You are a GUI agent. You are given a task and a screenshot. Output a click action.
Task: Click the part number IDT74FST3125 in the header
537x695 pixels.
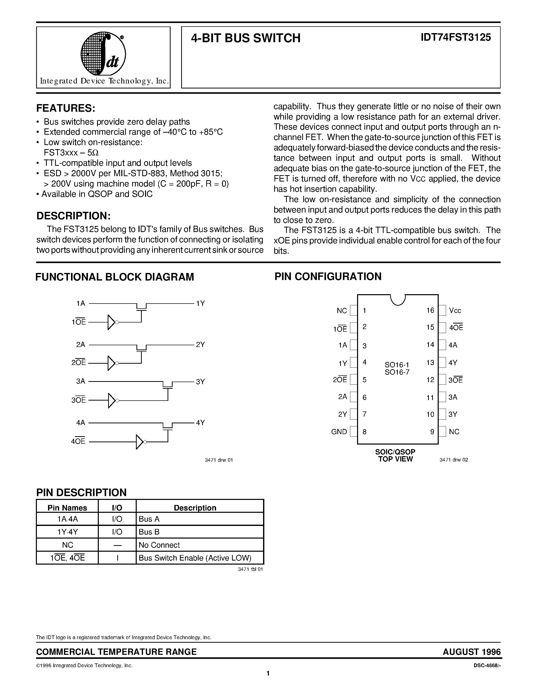click(x=456, y=38)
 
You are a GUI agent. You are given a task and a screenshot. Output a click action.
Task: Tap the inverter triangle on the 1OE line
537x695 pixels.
click(x=111, y=322)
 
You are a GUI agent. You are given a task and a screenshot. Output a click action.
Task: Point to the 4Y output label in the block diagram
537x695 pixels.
click(x=200, y=423)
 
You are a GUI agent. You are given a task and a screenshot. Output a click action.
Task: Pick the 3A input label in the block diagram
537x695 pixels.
click(x=80, y=381)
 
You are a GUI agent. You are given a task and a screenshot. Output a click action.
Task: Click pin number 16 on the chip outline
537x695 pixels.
click(x=430, y=310)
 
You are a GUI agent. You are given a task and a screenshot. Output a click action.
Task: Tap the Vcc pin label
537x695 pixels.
click(x=455, y=311)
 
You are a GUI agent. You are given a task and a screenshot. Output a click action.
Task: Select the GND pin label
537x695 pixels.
click(x=339, y=432)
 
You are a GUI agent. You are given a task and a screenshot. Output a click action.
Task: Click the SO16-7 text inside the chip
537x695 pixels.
click(x=397, y=372)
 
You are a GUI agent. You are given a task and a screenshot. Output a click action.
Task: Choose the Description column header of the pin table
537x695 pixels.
click(x=195, y=508)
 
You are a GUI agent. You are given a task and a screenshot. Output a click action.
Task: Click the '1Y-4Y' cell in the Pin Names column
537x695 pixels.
click(x=67, y=532)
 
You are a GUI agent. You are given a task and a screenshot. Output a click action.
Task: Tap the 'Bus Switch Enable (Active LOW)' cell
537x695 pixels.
click(x=195, y=558)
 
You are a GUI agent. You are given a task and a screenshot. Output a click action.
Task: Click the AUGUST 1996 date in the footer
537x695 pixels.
click(x=472, y=652)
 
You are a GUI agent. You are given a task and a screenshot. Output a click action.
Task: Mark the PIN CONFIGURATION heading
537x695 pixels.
click(x=328, y=276)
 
